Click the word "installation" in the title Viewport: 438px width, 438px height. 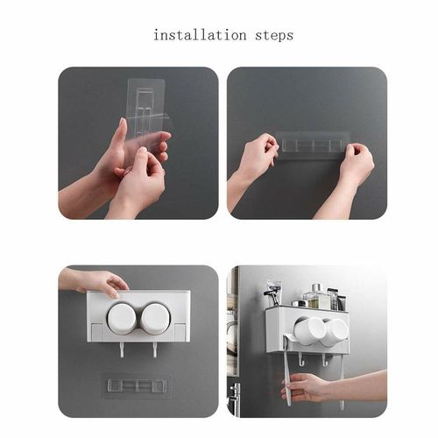point(200,35)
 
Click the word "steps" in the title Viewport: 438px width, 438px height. point(274,36)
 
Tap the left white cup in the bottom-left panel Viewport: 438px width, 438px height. point(122,318)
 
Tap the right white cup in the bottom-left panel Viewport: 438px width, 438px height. point(155,318)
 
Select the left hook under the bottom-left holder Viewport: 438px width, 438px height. point(122,350)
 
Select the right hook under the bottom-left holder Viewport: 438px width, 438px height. point(154,350)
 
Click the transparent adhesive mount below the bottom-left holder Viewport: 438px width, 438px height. point(137,385)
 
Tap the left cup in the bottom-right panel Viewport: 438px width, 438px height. point(309,331)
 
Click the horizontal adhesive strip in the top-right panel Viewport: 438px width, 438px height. point(313,145)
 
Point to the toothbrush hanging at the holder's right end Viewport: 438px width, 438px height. point(342,379)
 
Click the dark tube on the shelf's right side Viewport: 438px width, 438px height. point(342,303)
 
